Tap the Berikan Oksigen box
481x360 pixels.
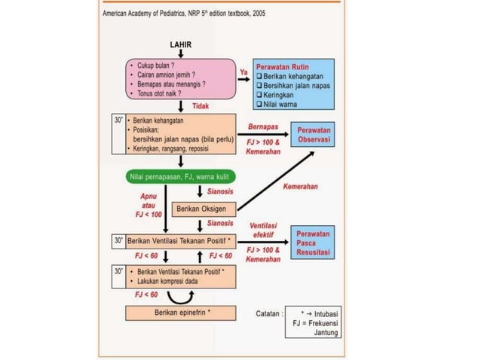click(204, 208)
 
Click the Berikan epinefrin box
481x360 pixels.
click(182, 311)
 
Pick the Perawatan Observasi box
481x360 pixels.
click(315, 136)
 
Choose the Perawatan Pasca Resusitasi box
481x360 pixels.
click(315, 245)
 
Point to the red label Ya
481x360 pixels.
click(244, 72)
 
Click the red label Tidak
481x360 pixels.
click(200, 107)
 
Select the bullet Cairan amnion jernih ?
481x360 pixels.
click(167, 75)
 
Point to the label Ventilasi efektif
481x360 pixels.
click(265, 230)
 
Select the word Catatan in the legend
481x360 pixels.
click(269, 312)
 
